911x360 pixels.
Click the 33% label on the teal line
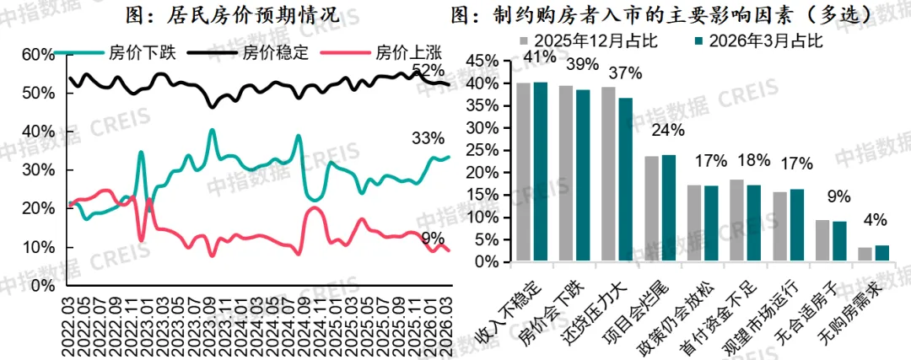click(429, 138)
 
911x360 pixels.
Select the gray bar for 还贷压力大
click(608, 175)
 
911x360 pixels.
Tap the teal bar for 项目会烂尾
click(669, 208)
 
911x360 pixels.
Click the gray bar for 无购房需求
click(865, 255)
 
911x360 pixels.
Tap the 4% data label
click(875, 221)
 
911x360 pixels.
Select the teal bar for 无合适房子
click(839, 242)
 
